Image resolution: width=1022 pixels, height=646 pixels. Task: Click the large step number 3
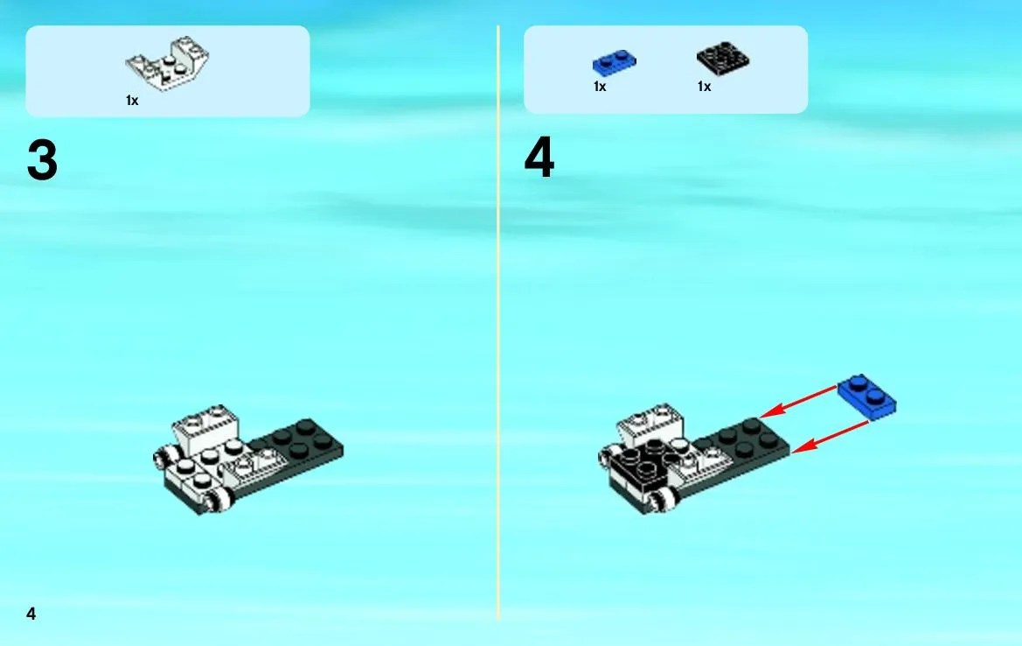pyautogui.click(x=42, y=160)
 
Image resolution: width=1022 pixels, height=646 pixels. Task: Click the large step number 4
pyautogui.click(x=539, y=158)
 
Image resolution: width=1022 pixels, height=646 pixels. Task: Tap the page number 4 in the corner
pyautogui.click(x=31, y=614)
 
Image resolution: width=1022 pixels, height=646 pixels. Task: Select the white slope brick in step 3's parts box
pyautogui.click(x=168, y=63)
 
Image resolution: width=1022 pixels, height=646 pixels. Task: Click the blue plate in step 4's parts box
pyautogui.click(x=614, y=63)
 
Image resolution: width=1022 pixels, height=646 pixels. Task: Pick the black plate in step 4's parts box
pyautogui.click(x=723, y=60)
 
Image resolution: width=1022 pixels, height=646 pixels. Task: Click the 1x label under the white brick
pyautogui.click(x=132, y=101)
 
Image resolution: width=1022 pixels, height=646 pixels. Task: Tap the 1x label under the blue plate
pyautogui.click(x=600, y=87)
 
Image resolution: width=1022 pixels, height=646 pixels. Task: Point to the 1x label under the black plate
pyautogui.click(x=704, y=87)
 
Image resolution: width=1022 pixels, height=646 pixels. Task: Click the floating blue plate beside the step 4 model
pyautogui.click(x=866, y=396)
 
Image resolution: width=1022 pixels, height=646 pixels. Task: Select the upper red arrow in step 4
pyautogui.click(x=798, y=402)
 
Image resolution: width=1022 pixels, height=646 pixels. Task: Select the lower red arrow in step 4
pyautogui.click(x=830, y=437)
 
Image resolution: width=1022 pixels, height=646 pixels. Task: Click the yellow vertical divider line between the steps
pyautogui.click(x=498, y=322)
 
